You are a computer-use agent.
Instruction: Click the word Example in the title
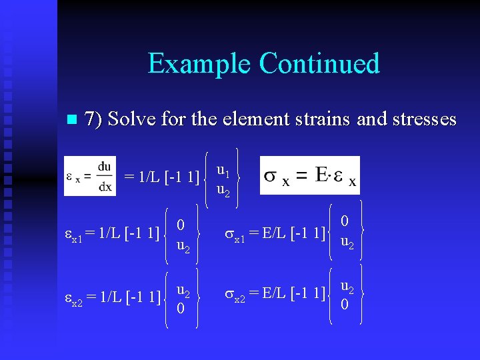199,64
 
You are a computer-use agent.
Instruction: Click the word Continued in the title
319,63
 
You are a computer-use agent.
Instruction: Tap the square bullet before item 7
72,121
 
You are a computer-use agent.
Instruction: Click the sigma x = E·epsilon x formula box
309,175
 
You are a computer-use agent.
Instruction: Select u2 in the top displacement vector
224,191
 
